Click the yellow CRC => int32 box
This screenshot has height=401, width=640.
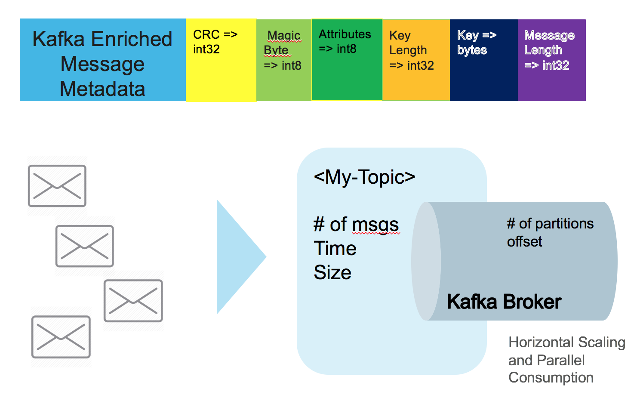(x=221, y=60)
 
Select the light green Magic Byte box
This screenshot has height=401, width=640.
(x=283, y=60)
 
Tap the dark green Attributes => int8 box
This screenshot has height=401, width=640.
(x=347, y=60)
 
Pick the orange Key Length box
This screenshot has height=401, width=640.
(x=415, y=60)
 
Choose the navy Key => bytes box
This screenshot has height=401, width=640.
(x=483, y=60)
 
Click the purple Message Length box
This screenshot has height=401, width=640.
(x=551, y=60)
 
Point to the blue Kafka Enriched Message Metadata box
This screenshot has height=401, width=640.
(x=102, y=60)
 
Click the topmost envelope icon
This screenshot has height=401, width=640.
(x=57, y=186)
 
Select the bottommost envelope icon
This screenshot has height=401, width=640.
(x=61, y=337)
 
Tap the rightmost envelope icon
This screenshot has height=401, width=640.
(x=133, y=301)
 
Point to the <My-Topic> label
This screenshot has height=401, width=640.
(x=364, y=177)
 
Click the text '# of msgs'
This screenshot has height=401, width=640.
(x=356, y=225)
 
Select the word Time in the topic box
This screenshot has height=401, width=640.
(x=335, y=249)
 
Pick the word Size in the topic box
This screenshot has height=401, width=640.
(x=332, y=272)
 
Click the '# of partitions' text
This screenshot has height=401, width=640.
(x=550, y=224)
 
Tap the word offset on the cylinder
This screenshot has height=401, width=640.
(x=524, y=242)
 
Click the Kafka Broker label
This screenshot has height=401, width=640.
(x=504, y=302)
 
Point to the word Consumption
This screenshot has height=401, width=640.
(x=551, y=377)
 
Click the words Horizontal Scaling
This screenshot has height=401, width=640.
(x=567, y=342)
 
